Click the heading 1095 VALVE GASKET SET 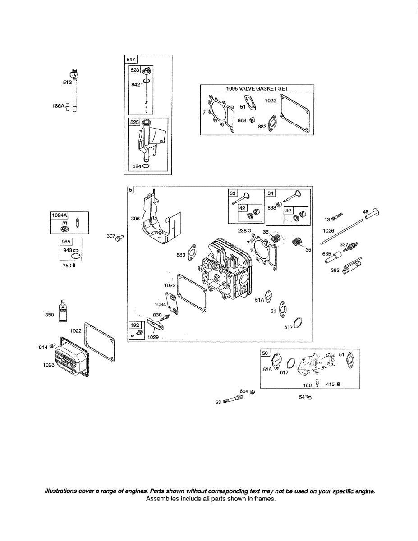click(x=257, y=89)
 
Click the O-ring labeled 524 click(x=145, y=166)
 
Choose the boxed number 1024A click(x=58, y=215)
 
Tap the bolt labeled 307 click(x=120, y=237)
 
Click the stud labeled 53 click(x=231, y=399)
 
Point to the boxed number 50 click(x=265, y=353)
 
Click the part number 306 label click(x=135, y=219)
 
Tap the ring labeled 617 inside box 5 click(x=297, y=323)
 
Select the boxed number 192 click(x=134, y=325)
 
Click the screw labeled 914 click(x=52, y=346)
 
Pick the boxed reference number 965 click(x=66, y=242)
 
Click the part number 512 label click(x=67, y=83)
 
